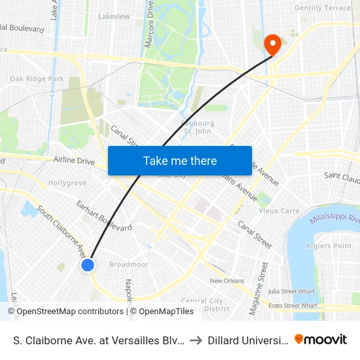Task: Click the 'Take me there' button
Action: coord(180,160)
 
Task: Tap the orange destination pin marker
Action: coord(272,44)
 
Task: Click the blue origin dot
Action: coord(88,264)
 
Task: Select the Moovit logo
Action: coord(321,339)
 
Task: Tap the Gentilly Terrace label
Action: coord(323,8)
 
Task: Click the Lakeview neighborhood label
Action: coord(114,16)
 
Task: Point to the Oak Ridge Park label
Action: coord(37,79)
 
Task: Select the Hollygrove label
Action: coord(67,183)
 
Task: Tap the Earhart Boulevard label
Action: coord(104,216)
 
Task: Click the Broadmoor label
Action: coord(129,264)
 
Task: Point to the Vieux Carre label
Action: coord(280,211)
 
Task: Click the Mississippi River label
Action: coord(334,218)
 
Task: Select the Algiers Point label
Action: coord(329,246)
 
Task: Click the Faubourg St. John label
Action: coord(196,126)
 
